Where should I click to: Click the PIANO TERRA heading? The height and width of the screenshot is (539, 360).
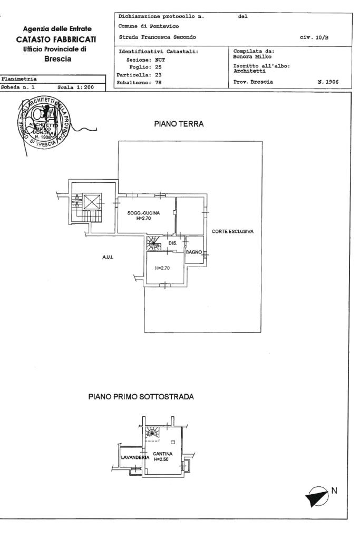179,124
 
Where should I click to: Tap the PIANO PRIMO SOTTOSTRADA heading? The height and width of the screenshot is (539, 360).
141,397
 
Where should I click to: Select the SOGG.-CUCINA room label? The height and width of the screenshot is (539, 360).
143,213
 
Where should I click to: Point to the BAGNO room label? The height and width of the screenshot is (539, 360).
194,252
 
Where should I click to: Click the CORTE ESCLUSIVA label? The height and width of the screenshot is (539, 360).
233,231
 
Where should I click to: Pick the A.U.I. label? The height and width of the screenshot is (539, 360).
108,257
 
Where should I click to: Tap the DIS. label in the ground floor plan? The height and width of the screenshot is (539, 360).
172,243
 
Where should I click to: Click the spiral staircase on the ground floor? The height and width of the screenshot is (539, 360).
153,243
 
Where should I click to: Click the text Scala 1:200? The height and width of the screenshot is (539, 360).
77,87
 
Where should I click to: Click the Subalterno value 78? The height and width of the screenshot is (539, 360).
158,82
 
